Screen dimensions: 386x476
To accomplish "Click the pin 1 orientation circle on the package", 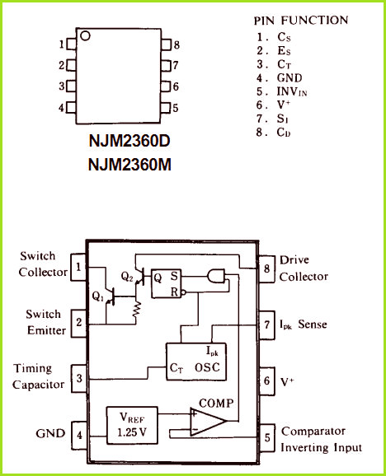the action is pyautogui.click(x=85, y=35).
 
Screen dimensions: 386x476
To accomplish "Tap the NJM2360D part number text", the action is pyautogui.click(x=129, y=141).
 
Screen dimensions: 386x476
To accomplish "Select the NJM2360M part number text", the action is pyautogui.click(x=129, y=165).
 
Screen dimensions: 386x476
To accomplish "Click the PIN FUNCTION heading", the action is pyautogui.click(x=301, y=21).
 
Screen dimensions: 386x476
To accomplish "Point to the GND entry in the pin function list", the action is pyautogui.click(x=289, y=78).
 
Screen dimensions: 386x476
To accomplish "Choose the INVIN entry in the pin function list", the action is pyautogui.click(x=292, y=91).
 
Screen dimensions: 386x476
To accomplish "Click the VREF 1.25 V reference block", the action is pyautogui.click(x=132, y=426).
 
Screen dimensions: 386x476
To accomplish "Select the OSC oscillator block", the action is pyautogui.click(x=196, y=362).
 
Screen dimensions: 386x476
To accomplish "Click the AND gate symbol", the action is pyautogui.click(x=216, y=276).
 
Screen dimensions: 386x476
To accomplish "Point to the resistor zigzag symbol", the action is pyautogui.click(x=137, y=310).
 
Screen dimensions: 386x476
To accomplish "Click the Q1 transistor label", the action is pyautogui.click(x=98, y=296).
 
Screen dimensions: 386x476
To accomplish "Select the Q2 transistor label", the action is pyautogui.click(x=127, y=277).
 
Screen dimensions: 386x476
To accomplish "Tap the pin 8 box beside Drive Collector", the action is pyautogui.click(x=266, y=269).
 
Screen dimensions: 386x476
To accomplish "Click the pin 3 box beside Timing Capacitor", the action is pyautogui.click(x=79, y=378).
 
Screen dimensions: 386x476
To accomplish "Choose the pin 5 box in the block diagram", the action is pyautogui.click(x=267, y=437).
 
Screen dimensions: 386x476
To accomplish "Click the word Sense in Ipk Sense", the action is pyautogui.click(x=313, y=324).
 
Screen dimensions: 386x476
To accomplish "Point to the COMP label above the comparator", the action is pyautogui.click(x=216, y=404).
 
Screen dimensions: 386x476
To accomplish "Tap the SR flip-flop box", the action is pyautogui.click(x=167, y=283).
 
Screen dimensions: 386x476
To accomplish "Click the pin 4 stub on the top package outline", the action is pyautogui.click(x=71, y=107).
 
